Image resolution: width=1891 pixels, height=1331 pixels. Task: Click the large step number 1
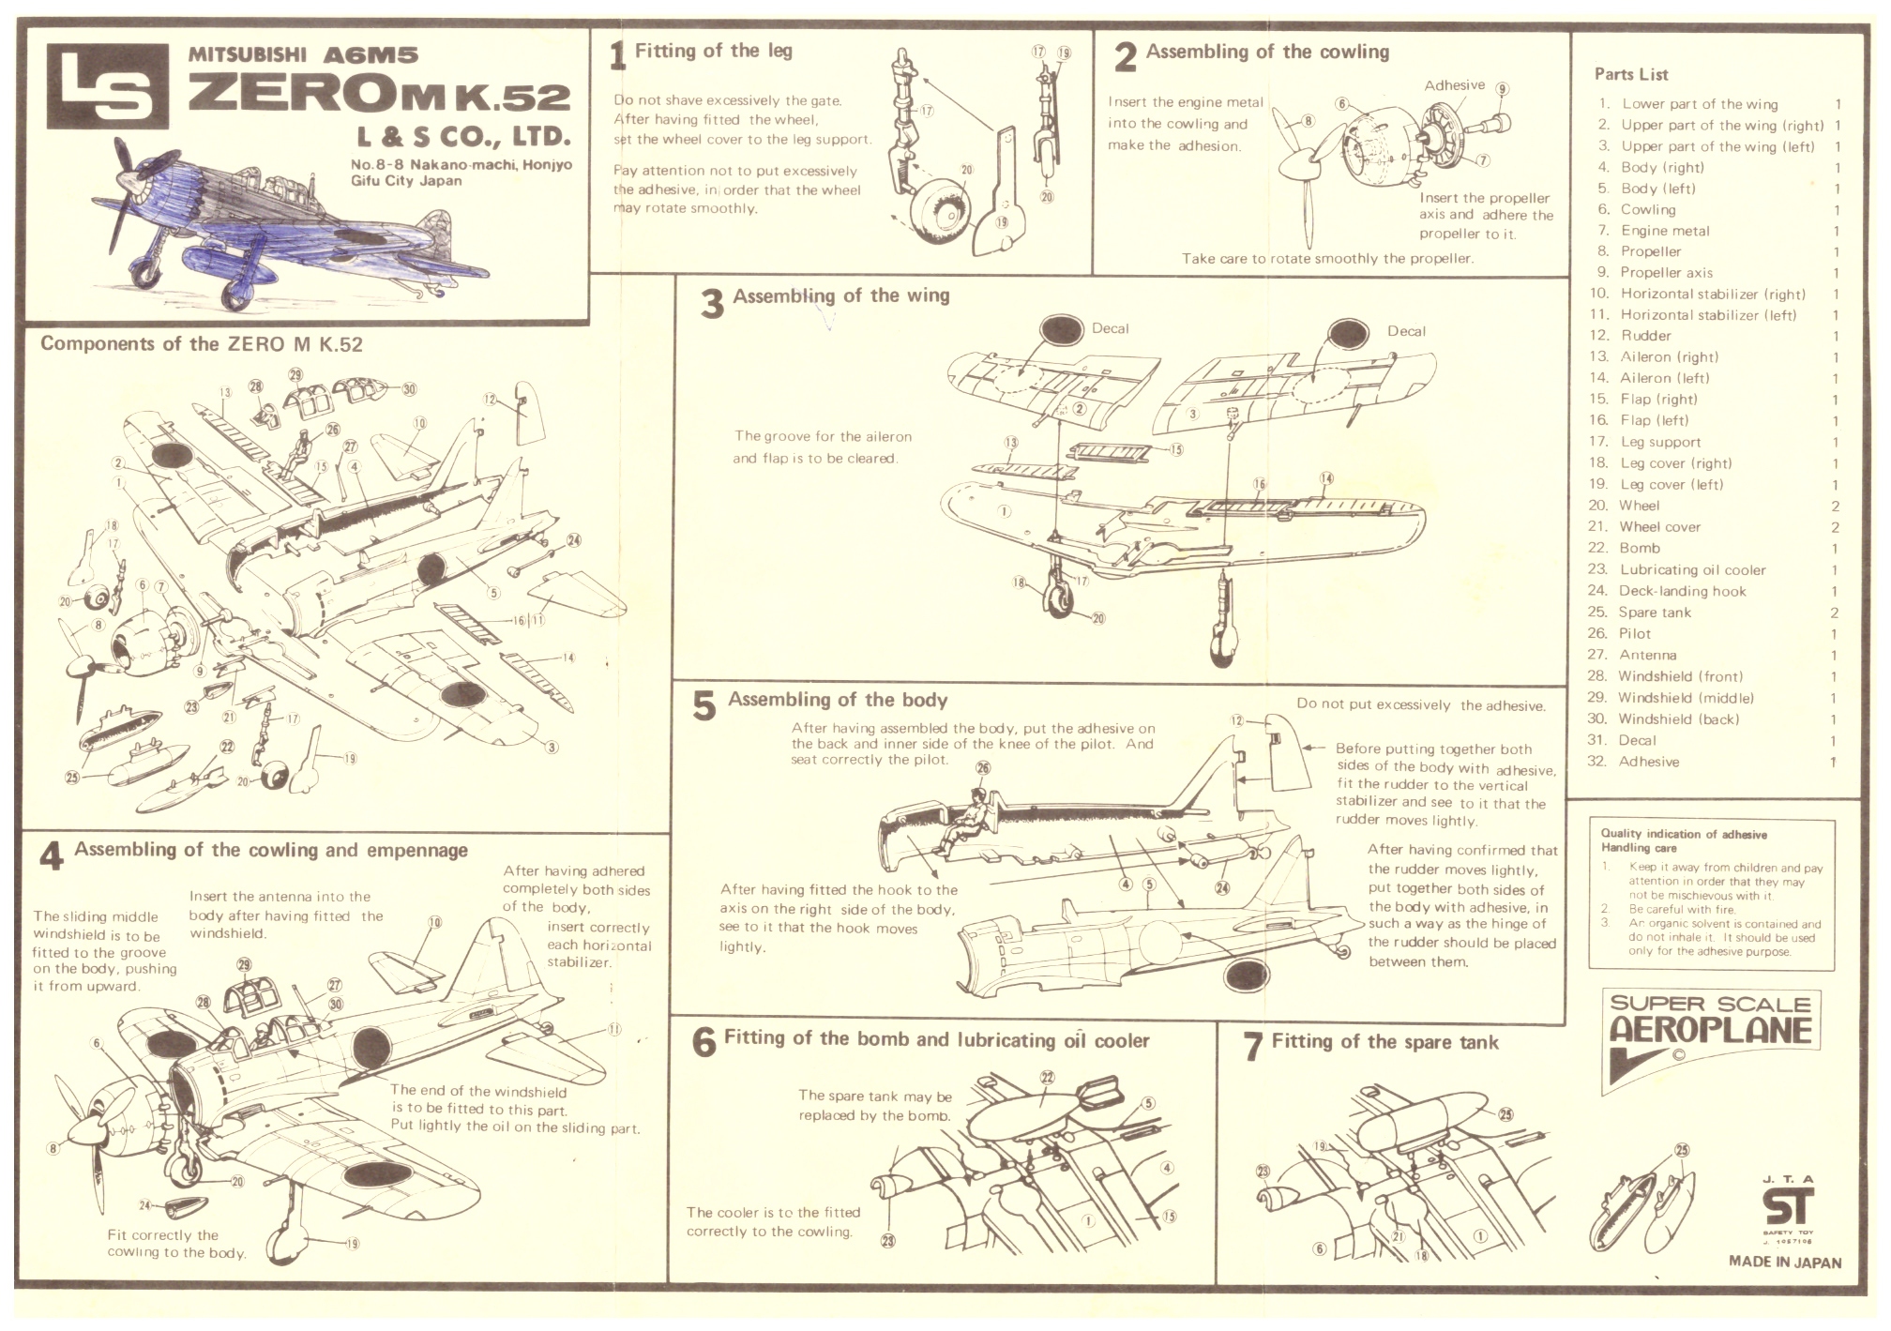(x=616, y=56)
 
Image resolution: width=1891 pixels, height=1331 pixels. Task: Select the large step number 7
(x=1252, y=1047)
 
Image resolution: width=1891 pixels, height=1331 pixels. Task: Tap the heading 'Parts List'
(x=1631, y=75)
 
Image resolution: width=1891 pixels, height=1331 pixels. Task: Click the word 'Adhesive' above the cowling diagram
(x=1454, y=85)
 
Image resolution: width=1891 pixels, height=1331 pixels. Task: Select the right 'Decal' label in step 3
(x=1406, y=331)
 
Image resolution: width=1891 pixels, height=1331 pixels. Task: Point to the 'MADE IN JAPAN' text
(x=1784, y=1262)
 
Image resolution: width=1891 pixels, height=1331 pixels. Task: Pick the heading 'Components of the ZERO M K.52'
(x=201, y=343)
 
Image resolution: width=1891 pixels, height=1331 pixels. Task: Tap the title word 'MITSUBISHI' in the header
(x=248, y=54)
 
